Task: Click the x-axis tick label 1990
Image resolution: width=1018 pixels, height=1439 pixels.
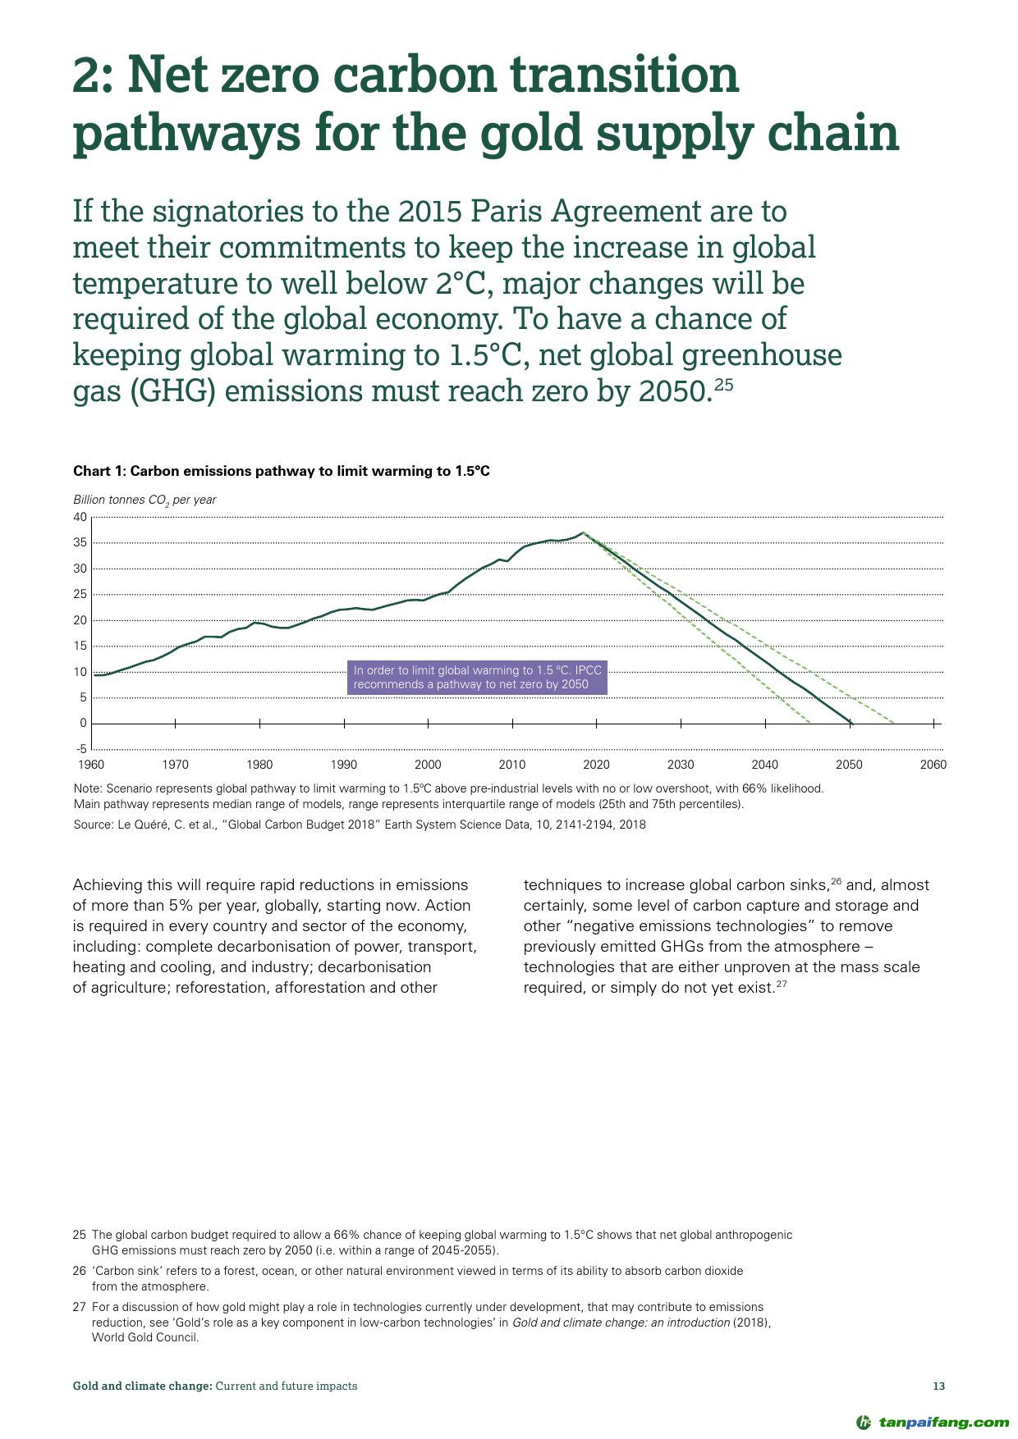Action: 343,765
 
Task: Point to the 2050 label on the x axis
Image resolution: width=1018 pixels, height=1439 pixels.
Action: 849,765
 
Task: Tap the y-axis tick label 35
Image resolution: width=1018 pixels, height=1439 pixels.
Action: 80,542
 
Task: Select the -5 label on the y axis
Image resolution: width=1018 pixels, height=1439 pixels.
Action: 80,749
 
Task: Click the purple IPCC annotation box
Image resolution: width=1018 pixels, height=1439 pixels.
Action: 477,678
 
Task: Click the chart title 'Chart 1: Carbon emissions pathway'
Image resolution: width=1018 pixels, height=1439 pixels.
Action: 282,471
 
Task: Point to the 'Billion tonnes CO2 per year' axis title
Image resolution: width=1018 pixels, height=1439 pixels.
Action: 144,500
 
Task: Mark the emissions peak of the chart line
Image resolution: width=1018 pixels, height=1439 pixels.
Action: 582,533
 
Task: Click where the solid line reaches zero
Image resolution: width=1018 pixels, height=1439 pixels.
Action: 851,723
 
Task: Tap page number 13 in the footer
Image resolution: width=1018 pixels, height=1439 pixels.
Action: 939,1386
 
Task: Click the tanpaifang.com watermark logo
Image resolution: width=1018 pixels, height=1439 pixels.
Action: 932,1422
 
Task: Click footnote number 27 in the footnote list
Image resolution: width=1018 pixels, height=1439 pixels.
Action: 79,1307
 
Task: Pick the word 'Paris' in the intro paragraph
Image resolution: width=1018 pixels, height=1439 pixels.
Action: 505,212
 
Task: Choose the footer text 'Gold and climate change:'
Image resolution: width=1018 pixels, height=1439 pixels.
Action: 143,1386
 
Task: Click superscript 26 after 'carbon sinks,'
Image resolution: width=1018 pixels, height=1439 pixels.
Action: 837,881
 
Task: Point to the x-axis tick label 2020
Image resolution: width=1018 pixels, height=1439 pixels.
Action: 596,765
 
